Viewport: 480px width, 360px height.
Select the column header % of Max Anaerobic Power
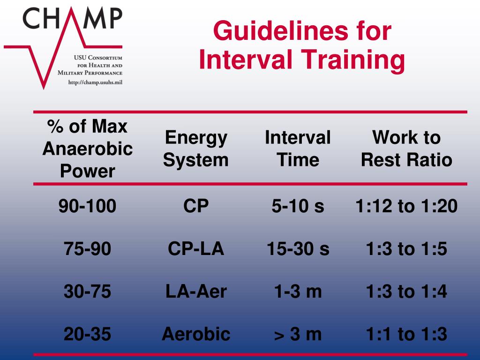88,149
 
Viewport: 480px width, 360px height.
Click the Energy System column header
196,149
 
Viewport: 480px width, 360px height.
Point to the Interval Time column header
298,149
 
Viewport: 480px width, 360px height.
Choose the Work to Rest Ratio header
406,149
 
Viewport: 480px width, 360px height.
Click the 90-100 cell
88,206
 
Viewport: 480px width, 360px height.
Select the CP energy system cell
196,206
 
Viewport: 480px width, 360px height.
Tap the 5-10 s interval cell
298,206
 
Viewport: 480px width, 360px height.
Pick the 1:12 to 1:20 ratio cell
406,206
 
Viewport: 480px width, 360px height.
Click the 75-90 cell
88,249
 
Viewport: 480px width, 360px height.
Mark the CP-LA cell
196,249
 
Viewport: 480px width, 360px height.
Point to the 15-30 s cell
298,249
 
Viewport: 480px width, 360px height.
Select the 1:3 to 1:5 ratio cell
406,249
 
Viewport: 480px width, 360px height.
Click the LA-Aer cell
196,292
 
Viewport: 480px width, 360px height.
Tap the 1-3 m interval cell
298,292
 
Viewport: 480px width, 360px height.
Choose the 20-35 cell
88,334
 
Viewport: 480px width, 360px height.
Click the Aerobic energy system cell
196,334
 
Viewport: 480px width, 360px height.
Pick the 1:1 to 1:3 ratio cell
406,334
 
